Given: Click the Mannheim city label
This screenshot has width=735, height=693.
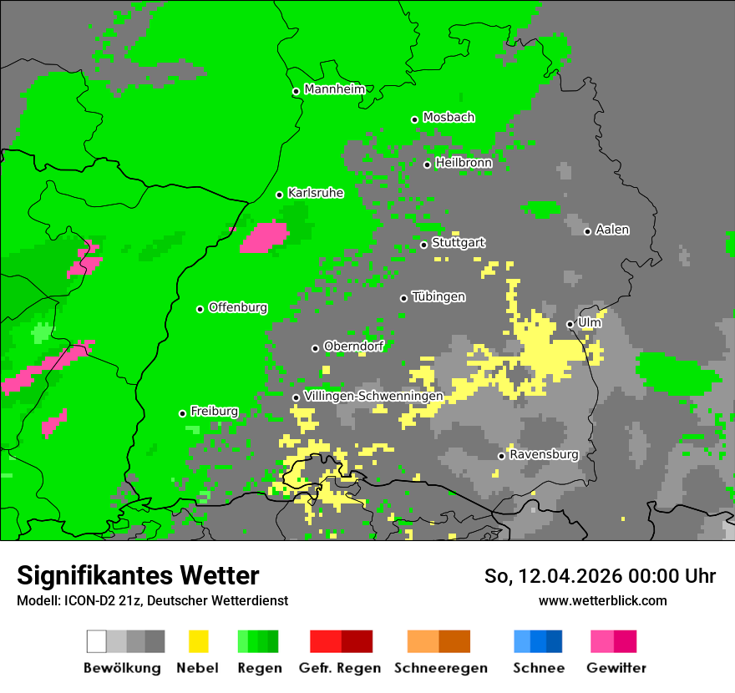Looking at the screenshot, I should (x=334, y=89).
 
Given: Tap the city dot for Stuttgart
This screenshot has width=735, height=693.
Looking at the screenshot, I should (x=424, y=245).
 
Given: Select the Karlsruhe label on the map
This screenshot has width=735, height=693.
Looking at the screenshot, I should (x=315, y=193).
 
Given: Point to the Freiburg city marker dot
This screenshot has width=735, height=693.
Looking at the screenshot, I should (x=182, y=413).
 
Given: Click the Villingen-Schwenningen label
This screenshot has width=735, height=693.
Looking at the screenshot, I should (x=373, y=396).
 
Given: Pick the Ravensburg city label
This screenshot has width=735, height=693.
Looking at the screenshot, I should (x=544, y=455).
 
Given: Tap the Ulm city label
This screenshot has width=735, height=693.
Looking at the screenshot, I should (x=589, y=322).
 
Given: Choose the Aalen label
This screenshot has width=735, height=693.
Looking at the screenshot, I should (x=612, y=230).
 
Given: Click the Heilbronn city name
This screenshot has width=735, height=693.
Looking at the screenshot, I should (x=463, y=163).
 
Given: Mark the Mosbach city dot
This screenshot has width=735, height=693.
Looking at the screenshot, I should (x=414, y=119).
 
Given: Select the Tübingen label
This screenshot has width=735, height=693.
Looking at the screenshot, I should (x=438, y=296).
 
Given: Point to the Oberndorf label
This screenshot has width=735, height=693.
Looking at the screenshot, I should (x=353, y=346).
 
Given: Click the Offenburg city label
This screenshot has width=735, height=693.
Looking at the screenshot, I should (x=237, y=307).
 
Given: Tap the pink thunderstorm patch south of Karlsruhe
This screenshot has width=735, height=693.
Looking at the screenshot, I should (x=264, y=237).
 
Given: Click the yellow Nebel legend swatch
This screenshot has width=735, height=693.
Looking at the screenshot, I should (x=198, y=641).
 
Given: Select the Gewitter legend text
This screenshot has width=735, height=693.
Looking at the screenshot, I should (x=616, y=668).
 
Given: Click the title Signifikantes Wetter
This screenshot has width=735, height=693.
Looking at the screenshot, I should (x=138, y=575).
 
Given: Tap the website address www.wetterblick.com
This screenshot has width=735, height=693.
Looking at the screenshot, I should (x=602, y=600).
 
